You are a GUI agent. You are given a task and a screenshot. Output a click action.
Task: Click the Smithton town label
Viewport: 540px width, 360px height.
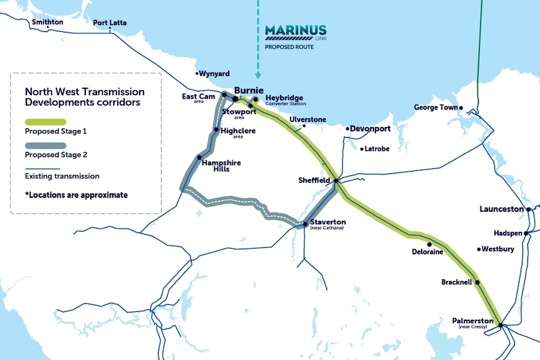point(48,22)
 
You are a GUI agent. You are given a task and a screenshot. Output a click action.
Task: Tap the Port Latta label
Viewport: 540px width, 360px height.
point(110,23)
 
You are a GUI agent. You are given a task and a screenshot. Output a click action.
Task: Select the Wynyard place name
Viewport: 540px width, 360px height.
point(214,73)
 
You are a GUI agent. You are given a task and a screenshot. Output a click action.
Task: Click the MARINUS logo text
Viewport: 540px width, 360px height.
point(295,30)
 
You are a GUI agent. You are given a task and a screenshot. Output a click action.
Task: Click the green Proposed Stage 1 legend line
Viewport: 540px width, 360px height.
point(44,121)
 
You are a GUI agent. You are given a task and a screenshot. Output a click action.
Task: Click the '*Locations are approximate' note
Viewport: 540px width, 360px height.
point(76,195)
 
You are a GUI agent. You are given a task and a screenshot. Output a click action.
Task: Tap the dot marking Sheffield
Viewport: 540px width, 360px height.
point(336,181)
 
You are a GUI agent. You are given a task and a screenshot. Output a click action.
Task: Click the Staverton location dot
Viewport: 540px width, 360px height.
point(305,224)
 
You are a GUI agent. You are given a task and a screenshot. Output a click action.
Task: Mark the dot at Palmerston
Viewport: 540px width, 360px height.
point(501,324)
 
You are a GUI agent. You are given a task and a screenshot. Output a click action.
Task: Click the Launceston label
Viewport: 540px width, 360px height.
point(502,208)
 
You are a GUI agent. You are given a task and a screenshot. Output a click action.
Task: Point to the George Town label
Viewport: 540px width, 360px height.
point(436,108)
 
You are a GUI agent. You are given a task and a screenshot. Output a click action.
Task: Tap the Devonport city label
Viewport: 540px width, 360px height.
point(370,128)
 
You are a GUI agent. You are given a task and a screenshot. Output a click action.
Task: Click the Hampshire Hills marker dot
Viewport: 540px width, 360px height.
point(199,158)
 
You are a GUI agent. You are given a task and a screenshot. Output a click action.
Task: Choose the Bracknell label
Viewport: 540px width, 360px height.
point(457,282)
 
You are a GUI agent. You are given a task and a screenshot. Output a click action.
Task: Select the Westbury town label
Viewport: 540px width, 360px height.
point(498,249)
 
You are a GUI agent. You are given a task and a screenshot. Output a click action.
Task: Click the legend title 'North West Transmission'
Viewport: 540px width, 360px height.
point(85,92)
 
